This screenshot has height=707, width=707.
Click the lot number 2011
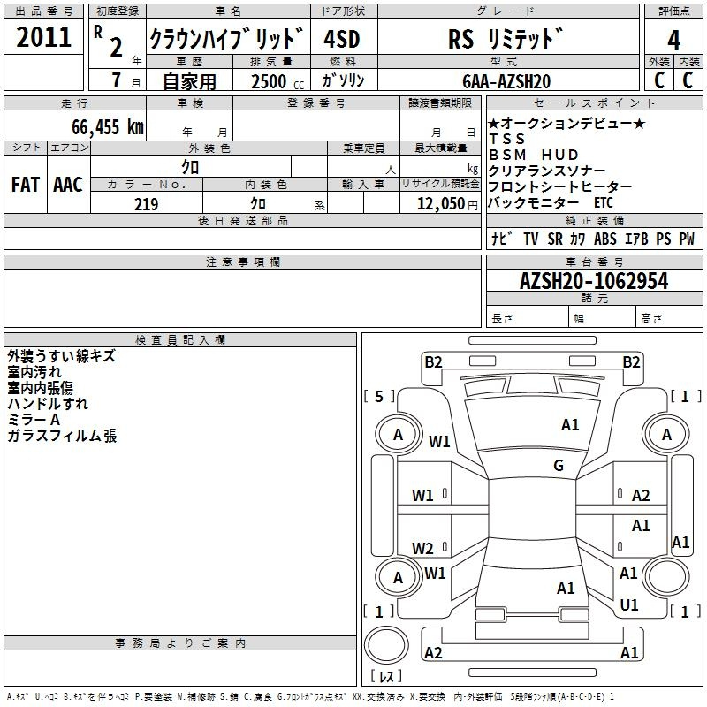click(43, 37)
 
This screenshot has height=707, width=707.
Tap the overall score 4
click(673, 40)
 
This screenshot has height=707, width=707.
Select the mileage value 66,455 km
click(108, 127)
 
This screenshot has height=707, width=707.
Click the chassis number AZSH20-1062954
click(594, 281)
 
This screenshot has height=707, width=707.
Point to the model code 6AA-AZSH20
click(506, 81)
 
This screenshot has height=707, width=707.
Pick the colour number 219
click(146, 204)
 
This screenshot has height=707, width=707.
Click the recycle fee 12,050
click(441, 204)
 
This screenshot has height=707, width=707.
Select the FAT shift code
click(26, 185)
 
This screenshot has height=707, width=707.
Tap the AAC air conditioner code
click(68, 185)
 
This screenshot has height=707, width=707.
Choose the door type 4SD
click(342, 39)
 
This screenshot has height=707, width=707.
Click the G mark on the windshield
click(559, 465)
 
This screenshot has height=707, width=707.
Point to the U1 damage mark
click(629, 604)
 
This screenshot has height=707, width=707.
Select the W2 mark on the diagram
click(422, 548)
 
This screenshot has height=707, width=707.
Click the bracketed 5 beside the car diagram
click(379, 396)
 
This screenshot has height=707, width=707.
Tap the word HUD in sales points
click(559, 155)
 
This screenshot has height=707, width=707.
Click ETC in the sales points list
click(604, 203)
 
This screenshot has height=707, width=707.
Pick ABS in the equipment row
click(605, 239)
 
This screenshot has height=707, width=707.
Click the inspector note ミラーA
click(34, 420)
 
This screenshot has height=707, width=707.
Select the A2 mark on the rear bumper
click(433, 652)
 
